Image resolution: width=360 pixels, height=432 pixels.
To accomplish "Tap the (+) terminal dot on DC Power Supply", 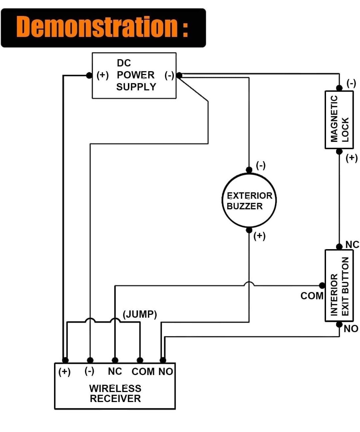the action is click(89, 75).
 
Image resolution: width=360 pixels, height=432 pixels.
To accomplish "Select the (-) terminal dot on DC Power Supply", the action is click(179, 75).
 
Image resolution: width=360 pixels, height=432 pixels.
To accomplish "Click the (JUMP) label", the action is click(140, 314).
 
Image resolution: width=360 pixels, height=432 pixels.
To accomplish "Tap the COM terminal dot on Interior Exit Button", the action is click(322, 286).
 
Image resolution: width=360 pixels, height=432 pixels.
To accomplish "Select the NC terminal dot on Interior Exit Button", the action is click(339, 246).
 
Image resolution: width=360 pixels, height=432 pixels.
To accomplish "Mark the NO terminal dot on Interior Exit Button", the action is click(339, 324).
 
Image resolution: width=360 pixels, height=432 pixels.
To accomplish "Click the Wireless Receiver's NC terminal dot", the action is click(115, 360).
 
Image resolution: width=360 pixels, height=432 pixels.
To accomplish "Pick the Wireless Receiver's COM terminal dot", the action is click(140, 360).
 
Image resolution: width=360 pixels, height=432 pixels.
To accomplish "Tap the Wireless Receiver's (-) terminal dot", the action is click(90, 360).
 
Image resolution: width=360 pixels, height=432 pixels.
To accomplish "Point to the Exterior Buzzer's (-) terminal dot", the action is click(249, 170).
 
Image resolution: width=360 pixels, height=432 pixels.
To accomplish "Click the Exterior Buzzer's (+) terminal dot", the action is click(249, 230).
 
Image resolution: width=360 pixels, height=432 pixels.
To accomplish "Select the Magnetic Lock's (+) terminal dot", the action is click(339, 152).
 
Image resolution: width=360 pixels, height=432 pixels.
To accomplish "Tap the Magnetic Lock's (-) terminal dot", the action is click(339, 88).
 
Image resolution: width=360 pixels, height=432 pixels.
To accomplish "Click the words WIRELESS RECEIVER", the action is click(115, 393).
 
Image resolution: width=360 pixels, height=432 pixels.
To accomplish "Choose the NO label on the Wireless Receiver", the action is click(166, 372).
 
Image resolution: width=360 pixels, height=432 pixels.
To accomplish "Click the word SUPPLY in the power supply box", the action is click(136, 87).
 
